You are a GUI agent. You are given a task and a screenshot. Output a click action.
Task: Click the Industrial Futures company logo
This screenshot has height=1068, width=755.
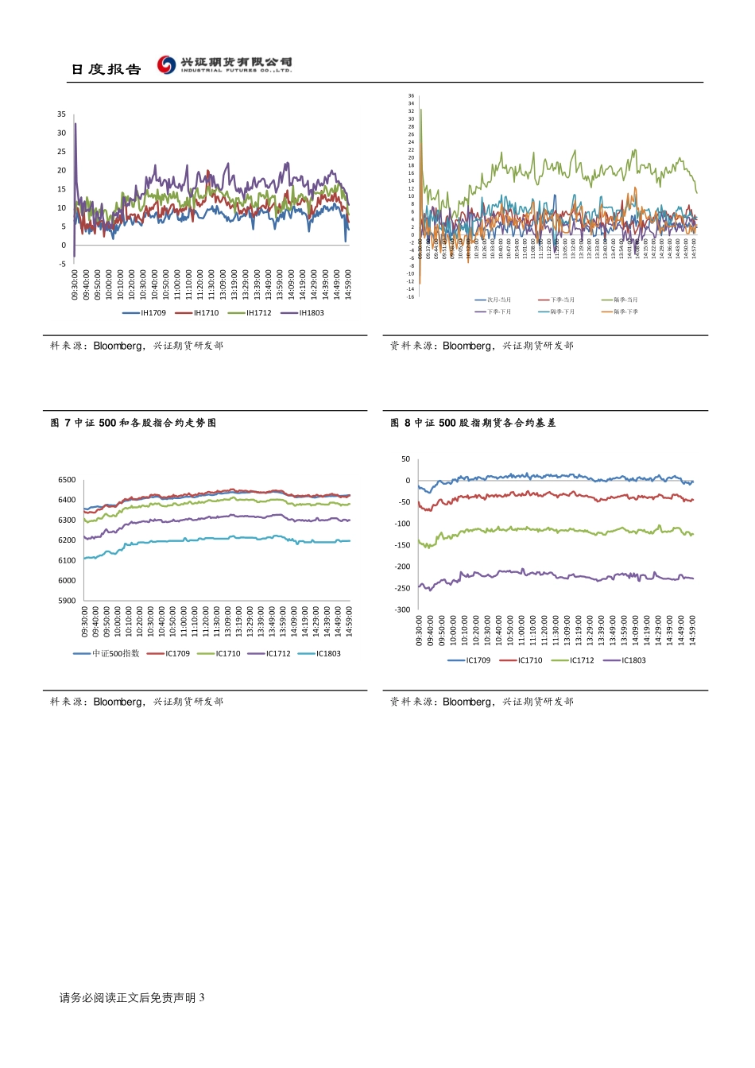click(224, 64)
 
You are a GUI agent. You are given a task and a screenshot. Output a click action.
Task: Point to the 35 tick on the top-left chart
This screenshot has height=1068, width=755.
click(61, 114)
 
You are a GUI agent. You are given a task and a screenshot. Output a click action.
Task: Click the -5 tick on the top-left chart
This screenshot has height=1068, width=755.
click(62, 265)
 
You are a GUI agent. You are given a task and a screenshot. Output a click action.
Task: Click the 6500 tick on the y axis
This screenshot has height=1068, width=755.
click(67, 480)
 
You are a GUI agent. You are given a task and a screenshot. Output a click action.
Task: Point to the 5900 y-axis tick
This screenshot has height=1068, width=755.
click(67, 601)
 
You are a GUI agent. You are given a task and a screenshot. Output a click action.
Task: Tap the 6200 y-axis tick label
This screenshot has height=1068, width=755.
click(67, 540)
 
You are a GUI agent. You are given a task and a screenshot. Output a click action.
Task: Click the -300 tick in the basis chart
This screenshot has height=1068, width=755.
click(403, 610)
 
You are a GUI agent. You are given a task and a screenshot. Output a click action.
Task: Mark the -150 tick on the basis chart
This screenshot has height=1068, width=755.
click(403, 545)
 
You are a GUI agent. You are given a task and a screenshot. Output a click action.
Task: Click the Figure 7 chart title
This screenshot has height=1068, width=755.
click(134, 424)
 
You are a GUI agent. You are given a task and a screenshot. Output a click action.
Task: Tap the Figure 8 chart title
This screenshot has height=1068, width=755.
click(473, 424)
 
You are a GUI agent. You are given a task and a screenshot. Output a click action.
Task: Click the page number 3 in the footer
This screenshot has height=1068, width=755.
click(202, 998)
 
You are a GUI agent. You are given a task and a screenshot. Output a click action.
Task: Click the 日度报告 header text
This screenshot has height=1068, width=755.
click(106, 70)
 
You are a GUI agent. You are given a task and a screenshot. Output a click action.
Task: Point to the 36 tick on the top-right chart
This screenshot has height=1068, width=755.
click(411, 96)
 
